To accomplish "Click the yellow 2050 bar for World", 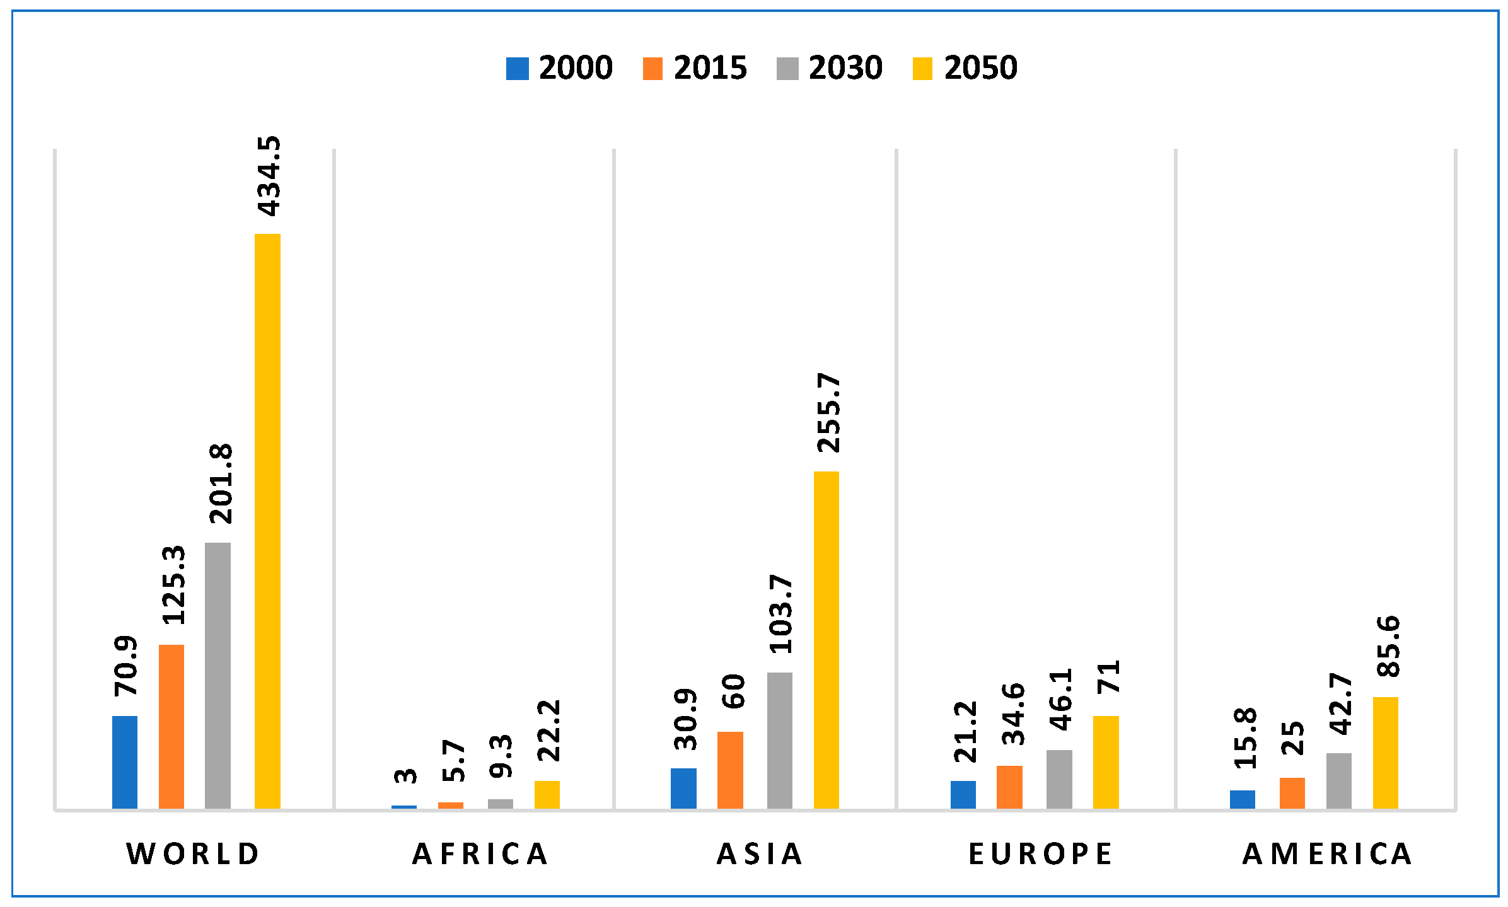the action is coord(267,521).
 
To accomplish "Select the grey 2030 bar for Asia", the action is coord(780,741).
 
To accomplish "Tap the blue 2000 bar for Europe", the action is coord(963,795).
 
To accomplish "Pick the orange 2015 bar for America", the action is coord(1292,793).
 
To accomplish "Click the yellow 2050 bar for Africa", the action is coord(547,795).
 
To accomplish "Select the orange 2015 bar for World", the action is coord(171,727).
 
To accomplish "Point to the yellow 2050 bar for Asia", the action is coord(826,640).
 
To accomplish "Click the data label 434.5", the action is coord(269,176).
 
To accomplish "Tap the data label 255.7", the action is coord(828,413).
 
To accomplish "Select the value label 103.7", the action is coord(782,614).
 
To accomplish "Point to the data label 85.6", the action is coord(1388,647).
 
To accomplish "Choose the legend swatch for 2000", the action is coord(517,69).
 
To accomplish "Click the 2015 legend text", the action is coord(710,68).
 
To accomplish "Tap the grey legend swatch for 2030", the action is coord(787,69).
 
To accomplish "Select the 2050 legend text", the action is coord(981,68).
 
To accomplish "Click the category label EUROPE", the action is coord(1041,854).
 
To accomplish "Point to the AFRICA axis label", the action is coord(480,854).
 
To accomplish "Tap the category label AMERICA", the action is coord(1328,854).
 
